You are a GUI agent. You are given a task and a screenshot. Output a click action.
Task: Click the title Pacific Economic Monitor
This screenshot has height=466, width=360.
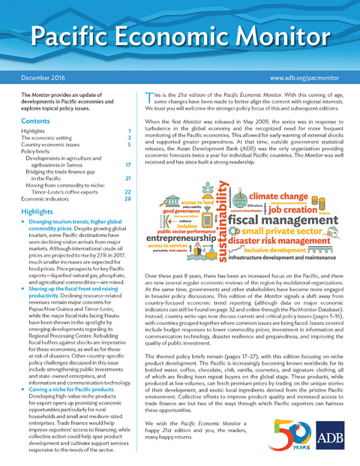(x=180, y=39)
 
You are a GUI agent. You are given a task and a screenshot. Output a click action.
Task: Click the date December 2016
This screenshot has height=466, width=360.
(x=45, y=77)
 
